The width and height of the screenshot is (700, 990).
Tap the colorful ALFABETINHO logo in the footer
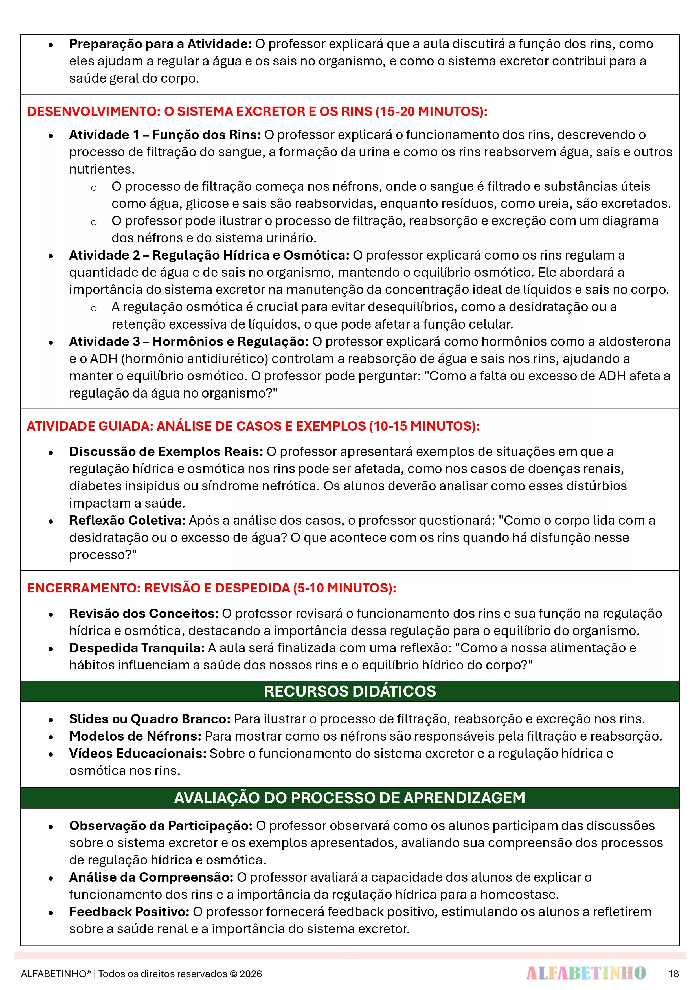(586, 973)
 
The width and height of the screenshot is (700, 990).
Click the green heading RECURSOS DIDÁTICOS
(350, 691)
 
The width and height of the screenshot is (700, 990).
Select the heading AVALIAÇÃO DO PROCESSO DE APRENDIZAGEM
(350, 798)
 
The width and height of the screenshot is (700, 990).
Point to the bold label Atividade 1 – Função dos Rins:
(165, 135)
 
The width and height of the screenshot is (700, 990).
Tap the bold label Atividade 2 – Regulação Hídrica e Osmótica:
(209, 255)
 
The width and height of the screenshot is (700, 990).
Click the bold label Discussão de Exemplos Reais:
(166, 451)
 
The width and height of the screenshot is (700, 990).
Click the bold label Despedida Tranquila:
(137, 648)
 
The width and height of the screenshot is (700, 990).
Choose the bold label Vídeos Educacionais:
(138, 753)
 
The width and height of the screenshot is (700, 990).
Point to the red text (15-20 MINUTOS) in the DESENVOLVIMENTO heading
(431, 112)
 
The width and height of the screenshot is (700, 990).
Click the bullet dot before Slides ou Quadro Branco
(51, 720)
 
